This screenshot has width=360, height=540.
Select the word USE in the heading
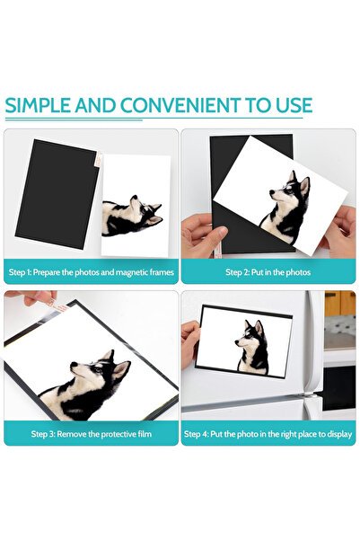coord(292,105)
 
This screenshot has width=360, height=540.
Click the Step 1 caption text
coord(91,271)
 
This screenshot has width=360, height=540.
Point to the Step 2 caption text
coord(268,271)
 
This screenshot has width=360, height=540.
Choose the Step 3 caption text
coord(91,434)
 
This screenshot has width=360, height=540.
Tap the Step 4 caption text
coord(268,434)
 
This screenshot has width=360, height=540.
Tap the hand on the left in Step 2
coord(199,235)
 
